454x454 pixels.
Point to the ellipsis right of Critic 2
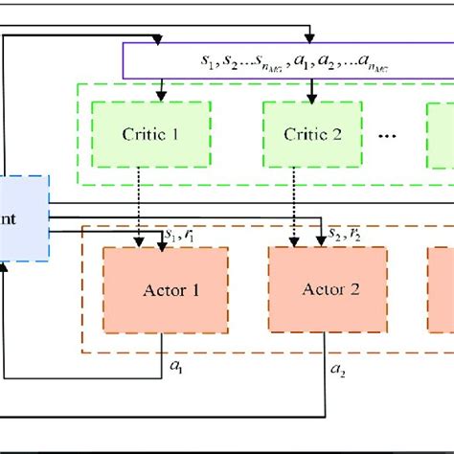(x=388, y=136)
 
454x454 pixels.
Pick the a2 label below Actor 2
(x=337, y=368)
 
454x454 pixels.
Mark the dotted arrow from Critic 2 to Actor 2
(x=291, y=206)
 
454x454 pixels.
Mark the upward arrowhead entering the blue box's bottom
(x=5, y=268)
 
